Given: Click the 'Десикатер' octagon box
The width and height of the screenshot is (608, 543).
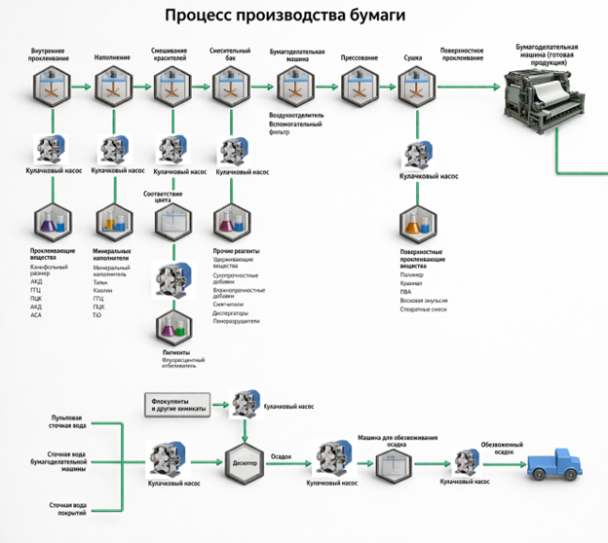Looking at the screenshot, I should [x=245, y=463].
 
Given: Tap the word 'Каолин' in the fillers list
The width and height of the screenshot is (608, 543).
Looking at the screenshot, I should [x=103, y=290].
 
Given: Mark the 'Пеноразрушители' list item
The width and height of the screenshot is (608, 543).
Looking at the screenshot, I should [x=237, y=321].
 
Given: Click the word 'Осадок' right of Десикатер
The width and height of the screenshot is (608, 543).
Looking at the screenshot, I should [x=281, y=455].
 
